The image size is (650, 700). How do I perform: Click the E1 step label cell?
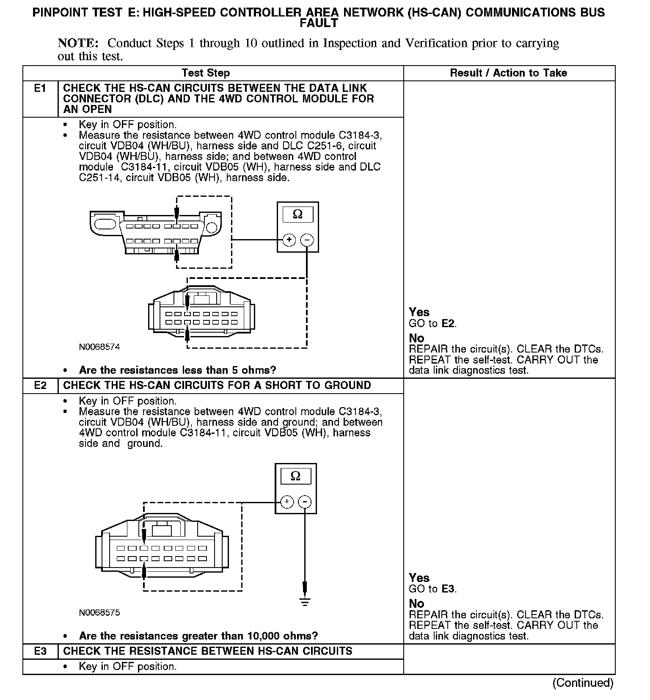[40, 88]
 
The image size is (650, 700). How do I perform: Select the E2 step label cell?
[40, 386]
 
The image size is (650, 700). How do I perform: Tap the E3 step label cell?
[40, 651]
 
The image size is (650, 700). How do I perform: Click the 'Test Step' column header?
[206, 73]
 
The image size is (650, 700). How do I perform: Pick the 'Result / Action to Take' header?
[508, 73]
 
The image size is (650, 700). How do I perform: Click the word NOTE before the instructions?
[78, 43]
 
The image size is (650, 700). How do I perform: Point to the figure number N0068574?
[99, 347]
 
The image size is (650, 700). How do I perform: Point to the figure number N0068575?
[99, 612]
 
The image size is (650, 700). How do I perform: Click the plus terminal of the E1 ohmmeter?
[289, 240]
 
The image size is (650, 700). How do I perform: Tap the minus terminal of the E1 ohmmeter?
[307, 240]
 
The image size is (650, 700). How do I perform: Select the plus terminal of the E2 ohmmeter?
[287, 502]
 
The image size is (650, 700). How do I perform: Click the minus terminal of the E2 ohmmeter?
[305, 502]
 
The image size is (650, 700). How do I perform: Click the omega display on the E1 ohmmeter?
[298, 215]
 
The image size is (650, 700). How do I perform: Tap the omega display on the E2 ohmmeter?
[296, 476]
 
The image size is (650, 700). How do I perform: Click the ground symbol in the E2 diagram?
[305, 601]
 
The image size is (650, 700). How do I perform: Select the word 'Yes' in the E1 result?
[419, 312]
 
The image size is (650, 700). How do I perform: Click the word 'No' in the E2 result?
[416, 604]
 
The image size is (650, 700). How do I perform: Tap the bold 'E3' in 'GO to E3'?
[449, 589]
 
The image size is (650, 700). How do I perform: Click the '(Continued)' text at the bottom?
[583, 683]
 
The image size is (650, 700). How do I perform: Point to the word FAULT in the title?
[319, 23]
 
